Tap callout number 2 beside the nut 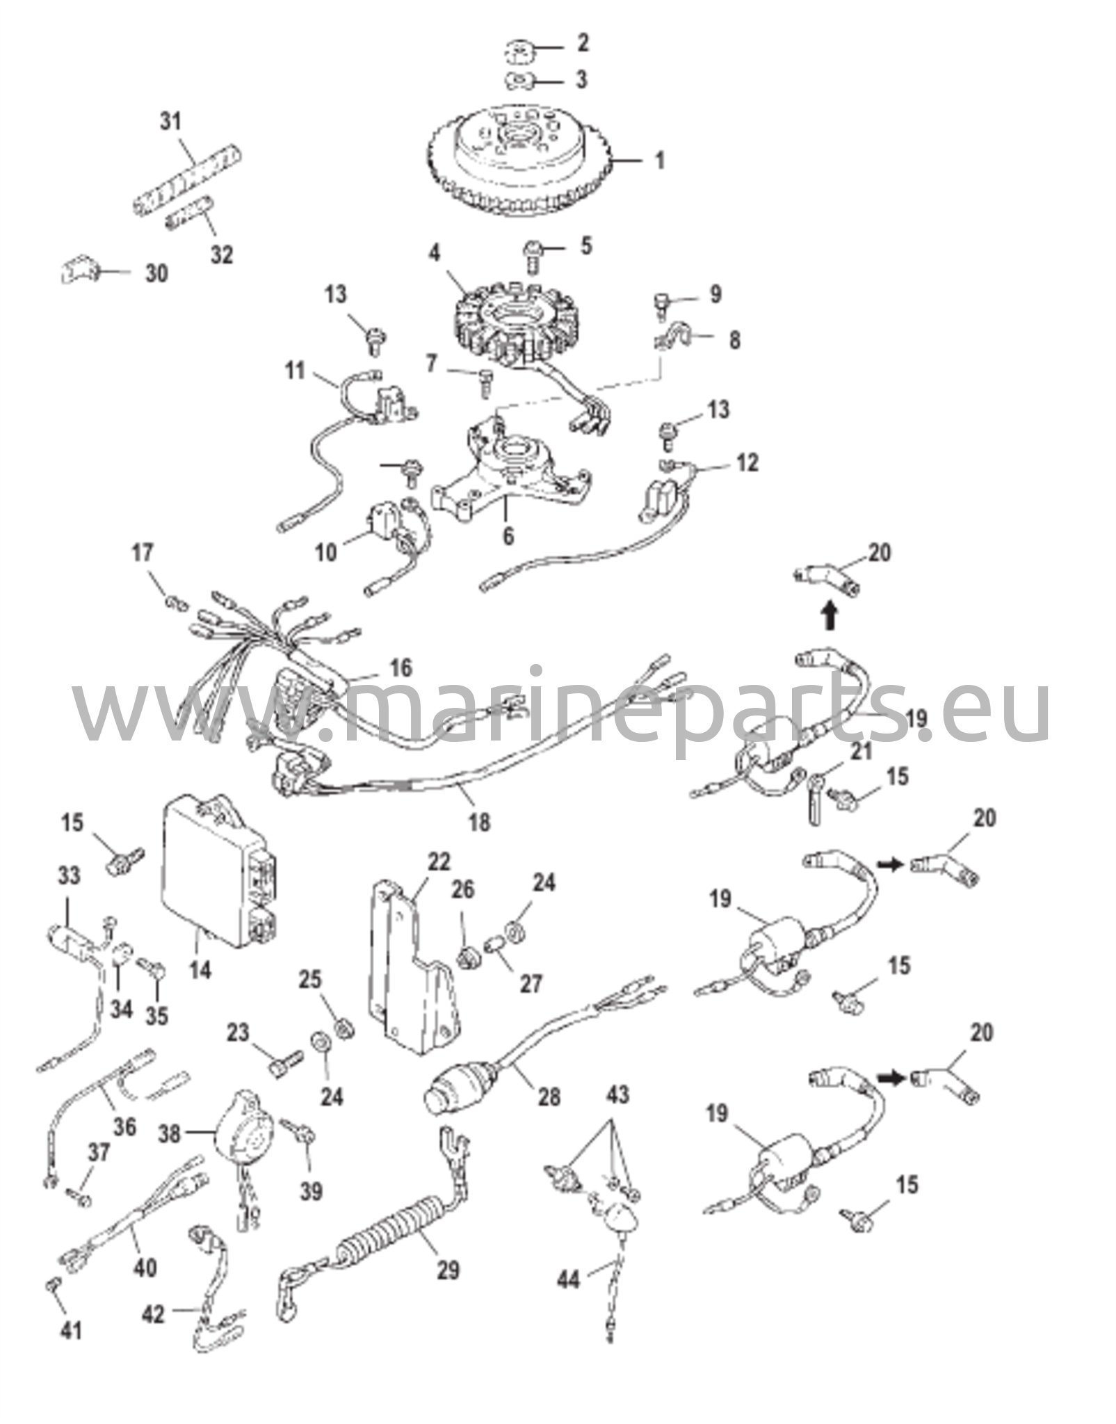(x=583, y=43)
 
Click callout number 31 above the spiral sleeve (x=171, y=121)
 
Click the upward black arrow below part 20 (x=830, y=616)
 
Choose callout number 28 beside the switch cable (x=549, y=1097)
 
